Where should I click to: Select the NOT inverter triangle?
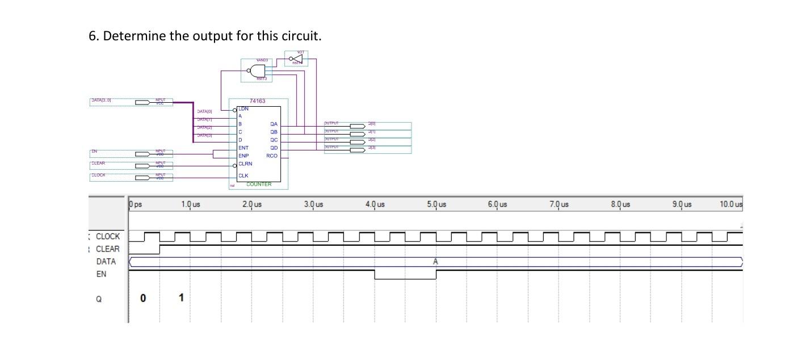point(296,58)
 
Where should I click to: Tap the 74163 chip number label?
point(257,101)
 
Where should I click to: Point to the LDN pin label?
point(243,108)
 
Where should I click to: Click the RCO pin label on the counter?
point(272,156)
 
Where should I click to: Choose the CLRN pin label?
point(245,164)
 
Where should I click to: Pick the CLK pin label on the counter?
point(243,175)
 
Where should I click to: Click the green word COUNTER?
point(259,185)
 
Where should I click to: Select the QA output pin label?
point(274,124)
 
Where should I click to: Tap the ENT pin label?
point(243,148)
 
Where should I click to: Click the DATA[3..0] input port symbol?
point(142,102)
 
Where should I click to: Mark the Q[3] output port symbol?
point(358,150)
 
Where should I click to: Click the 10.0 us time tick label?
point(730,204)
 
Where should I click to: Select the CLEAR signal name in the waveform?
point(108,249)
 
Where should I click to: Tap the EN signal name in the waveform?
point(101,274)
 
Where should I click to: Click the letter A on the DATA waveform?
point(435,262)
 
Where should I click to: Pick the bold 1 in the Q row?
point(181,298)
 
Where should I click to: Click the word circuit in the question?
point(299,36)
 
